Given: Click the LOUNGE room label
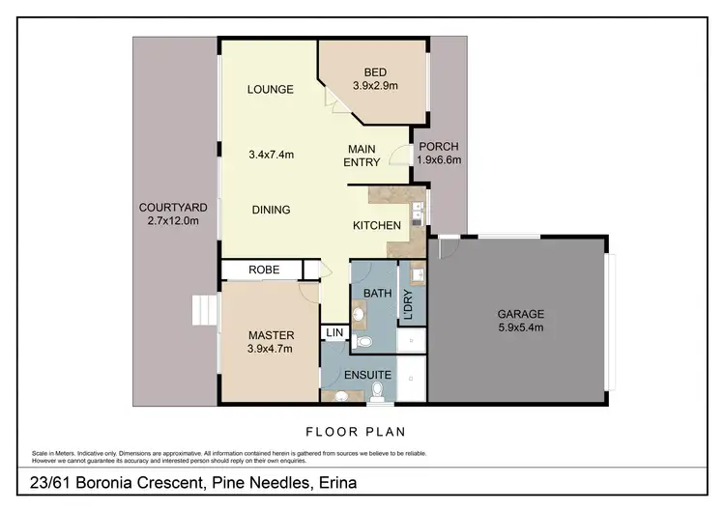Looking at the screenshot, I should coord(270,90).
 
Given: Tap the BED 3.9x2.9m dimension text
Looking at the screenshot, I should coord(374,86).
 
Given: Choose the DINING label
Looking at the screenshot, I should coord(272,210).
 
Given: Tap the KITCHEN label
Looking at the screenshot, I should coord(376,225).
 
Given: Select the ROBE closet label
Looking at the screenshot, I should coord(264,270).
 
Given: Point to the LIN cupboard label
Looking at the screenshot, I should coord(334,333).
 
